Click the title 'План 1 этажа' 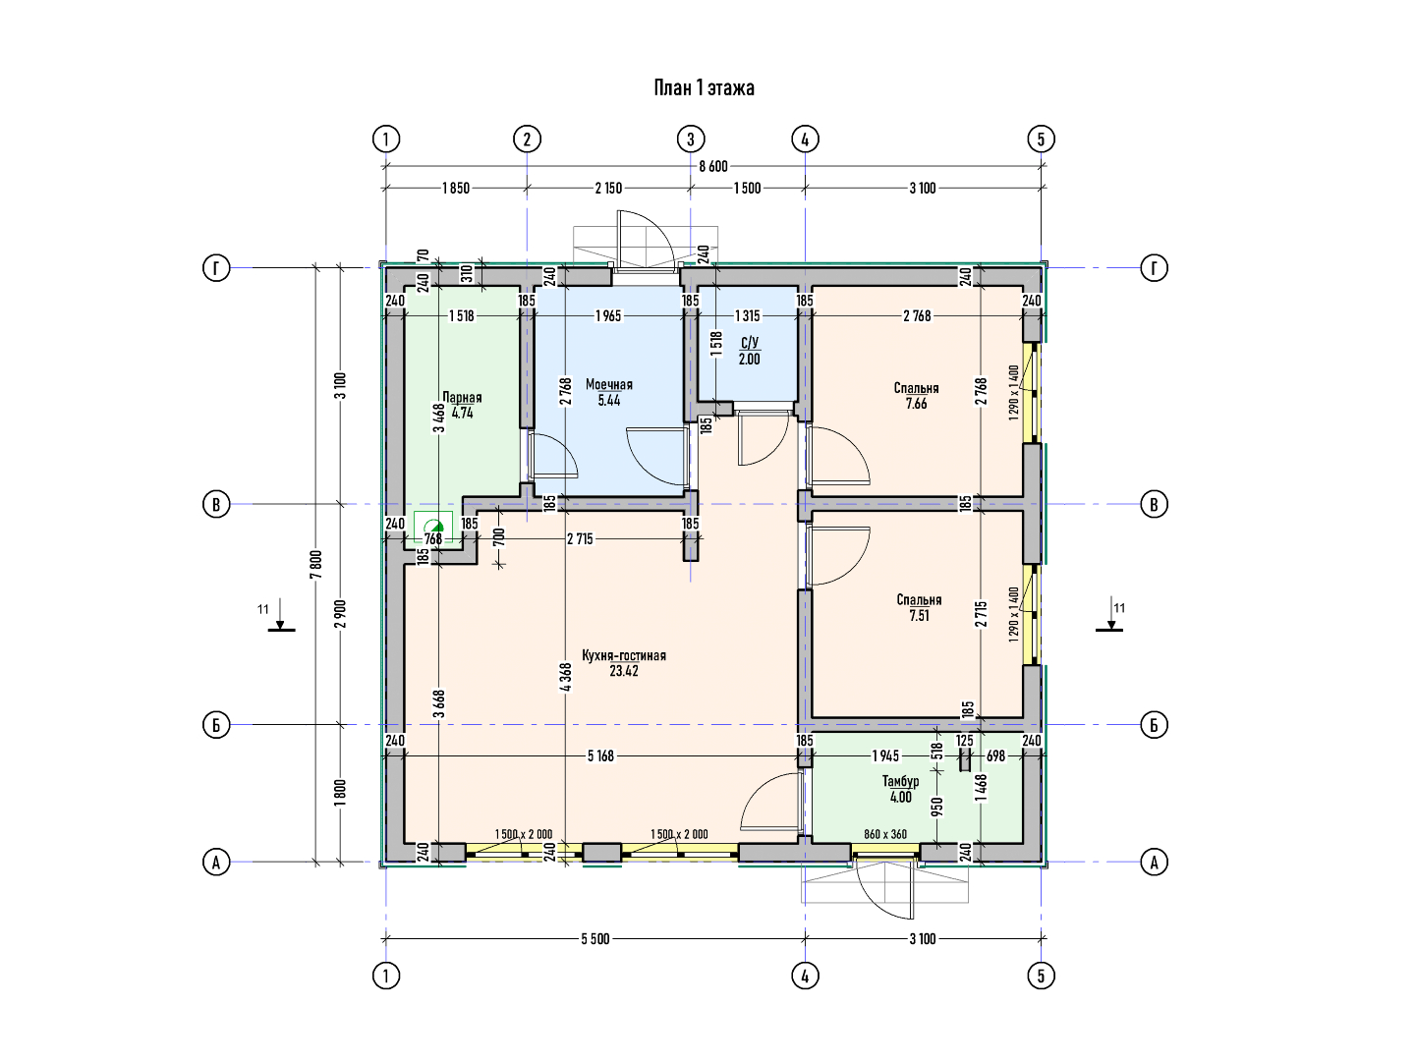coord(704,87)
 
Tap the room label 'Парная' coord(462,398)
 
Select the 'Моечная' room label coord(608,384)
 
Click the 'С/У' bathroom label coord(749,343)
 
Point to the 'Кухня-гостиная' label coord(623,656)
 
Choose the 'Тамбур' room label coord(900,781)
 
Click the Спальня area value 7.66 coord(916,404)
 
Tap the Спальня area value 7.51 coord(920,615)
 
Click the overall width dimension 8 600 coord(713,166)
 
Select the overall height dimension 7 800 coord(315,565)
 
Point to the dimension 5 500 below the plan coord(595,938)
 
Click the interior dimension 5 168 coord(600,755)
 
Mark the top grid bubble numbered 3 coord(691,140)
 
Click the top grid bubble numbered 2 coord(527,140)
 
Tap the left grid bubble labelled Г coord(216,267)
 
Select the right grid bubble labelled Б coord(1154,725)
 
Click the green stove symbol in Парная coord(433,527)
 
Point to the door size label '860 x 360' coord(885,834)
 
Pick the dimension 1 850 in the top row coord(455,188)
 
